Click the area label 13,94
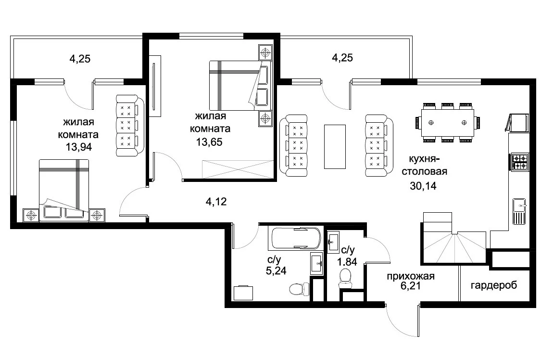point(79,147)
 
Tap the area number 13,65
point(209,142)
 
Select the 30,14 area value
point(423,186)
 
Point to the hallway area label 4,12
point(216,201)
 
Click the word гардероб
point(494,285)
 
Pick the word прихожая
point(411,276)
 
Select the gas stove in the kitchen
point(519,162)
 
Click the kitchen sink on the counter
point(519,211)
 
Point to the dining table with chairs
point(447,123)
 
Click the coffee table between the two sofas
point(335,147)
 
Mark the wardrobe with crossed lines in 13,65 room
point(238,169)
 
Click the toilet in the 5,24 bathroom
point(299,289)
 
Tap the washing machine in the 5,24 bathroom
point(243,293)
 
